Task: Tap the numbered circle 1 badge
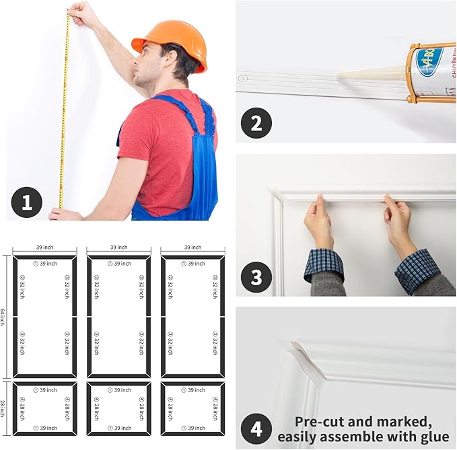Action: pos(27,202)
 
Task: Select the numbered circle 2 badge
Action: pos(256,123)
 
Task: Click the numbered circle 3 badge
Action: pos(256,276)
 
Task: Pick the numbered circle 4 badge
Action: pos(256,428)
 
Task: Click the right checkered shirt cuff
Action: pos(417,269)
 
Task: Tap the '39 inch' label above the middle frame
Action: pos(119,248)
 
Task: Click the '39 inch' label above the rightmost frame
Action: pos(193,248)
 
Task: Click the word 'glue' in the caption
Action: pos(431,438)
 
